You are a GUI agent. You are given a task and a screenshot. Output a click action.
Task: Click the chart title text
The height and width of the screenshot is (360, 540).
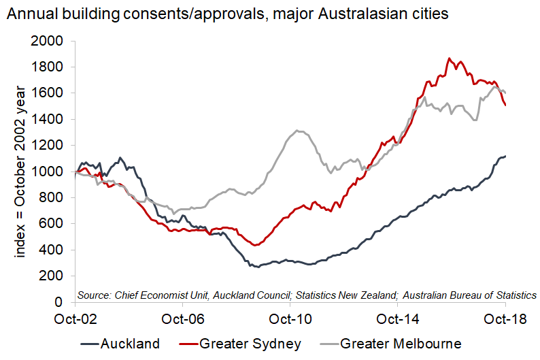pyautogui.click(x=228, y=14)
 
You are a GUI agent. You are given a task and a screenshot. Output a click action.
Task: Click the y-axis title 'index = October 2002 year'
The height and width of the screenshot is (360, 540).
pyautogui.click(x=20, y=171)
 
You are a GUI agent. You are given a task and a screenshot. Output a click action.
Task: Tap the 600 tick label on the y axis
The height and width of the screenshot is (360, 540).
pyautogui.click(x=51, y=223)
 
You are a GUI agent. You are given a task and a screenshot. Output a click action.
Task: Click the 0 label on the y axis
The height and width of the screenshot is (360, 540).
pyautogui.click(x=58, y=301)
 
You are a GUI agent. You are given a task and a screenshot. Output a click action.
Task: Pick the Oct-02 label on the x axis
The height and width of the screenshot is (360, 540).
pyautogui.click(x=76, y=318)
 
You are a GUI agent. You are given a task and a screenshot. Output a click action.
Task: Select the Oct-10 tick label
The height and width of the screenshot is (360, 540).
pyautogui.click(x=290, y=318)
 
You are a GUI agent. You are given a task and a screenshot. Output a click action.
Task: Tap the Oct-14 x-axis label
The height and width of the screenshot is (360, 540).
pyautogui.click(x=398, y=318)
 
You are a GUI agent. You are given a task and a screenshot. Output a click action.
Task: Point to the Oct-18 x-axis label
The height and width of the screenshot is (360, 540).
pyautogui.click(x=505, y=318)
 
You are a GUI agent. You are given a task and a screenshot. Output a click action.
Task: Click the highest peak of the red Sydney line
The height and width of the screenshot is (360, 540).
pyautogui.click(x=450, y=59)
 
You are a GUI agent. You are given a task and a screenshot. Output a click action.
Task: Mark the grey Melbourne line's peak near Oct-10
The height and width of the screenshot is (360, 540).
pyautogui.click(x=298, y=131)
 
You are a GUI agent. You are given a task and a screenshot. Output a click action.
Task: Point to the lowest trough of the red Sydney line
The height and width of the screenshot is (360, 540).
pyautogui.click(x=254, y=245)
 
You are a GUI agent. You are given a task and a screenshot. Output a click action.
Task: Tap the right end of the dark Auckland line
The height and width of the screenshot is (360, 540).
pyautogui.click(x=505, y=156)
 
